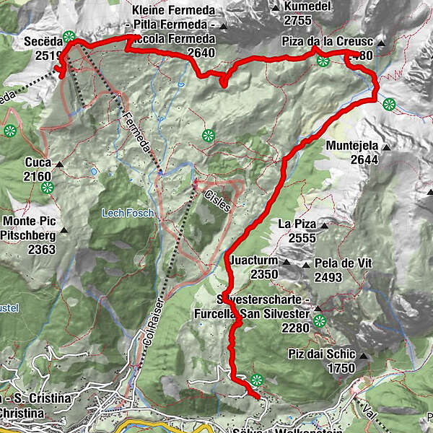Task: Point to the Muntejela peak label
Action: coord(351,147)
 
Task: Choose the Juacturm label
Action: coord(254,263)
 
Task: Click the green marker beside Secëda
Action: coord(69,37)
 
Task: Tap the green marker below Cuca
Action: coord(48,188)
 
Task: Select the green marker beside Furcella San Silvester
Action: coord(319,321)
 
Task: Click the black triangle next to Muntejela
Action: coord(387,147)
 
